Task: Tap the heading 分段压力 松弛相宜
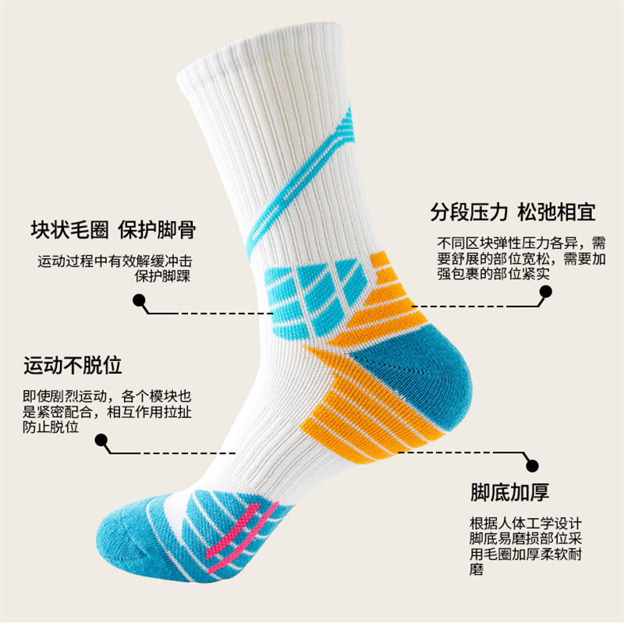(512, 212)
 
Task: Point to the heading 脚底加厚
(509, 492)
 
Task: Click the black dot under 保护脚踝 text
(140, 300)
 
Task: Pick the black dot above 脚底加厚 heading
(532, 465)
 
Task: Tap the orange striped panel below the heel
(367, 413)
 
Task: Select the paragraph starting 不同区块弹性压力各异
(522, 257)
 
